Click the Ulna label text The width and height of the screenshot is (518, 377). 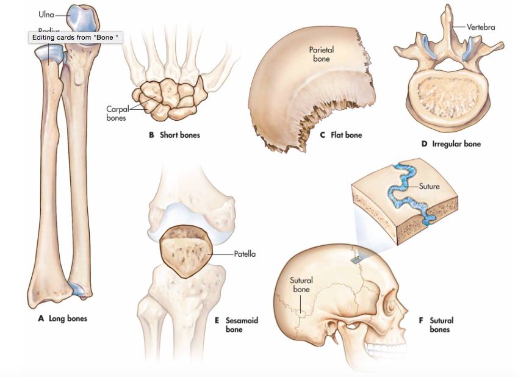[46, 14]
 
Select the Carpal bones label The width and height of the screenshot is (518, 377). [116, 113]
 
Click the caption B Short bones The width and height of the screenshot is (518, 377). [175, 135]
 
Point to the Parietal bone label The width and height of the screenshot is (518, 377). [321, 54]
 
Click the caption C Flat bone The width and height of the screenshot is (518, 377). [341, 135]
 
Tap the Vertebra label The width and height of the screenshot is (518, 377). [481, 27]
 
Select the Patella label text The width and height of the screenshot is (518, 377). [245, 254]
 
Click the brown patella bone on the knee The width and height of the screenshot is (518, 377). [184, 251]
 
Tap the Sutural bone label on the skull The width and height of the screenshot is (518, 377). [301, 285]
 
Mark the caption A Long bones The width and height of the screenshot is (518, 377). [60, 318]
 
